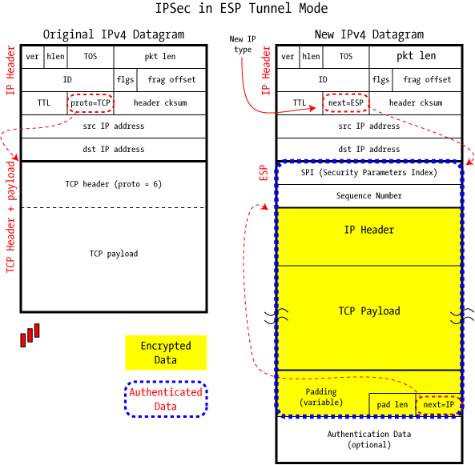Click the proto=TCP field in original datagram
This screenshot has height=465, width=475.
[91, 103]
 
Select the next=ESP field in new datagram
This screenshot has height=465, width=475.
[346, 103]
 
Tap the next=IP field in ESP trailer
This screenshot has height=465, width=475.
[439, 405]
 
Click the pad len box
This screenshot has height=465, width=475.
[392, 405]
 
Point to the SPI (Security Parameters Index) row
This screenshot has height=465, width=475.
[369, 173]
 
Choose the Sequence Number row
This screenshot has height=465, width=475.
[369, 196]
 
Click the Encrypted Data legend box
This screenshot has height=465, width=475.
[166, 353]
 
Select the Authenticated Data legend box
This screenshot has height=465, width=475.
[166, 399]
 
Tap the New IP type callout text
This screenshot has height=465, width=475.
[243, 44]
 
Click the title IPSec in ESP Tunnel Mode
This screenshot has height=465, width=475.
[241, 9]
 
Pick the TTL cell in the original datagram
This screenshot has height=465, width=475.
[44, 103]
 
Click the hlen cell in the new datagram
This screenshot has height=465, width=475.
[311, 57]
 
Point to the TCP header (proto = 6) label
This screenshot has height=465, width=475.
[114, 184]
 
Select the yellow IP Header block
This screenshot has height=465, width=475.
[369, 237]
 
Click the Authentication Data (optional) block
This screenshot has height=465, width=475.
[369, 439]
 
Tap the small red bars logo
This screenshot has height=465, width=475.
[30, 335]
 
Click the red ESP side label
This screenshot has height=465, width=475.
[264, 173]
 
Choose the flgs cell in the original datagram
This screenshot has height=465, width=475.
[126, 79]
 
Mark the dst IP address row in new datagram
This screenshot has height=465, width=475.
[369, 149]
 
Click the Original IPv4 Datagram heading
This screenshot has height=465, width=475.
[114, 34]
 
